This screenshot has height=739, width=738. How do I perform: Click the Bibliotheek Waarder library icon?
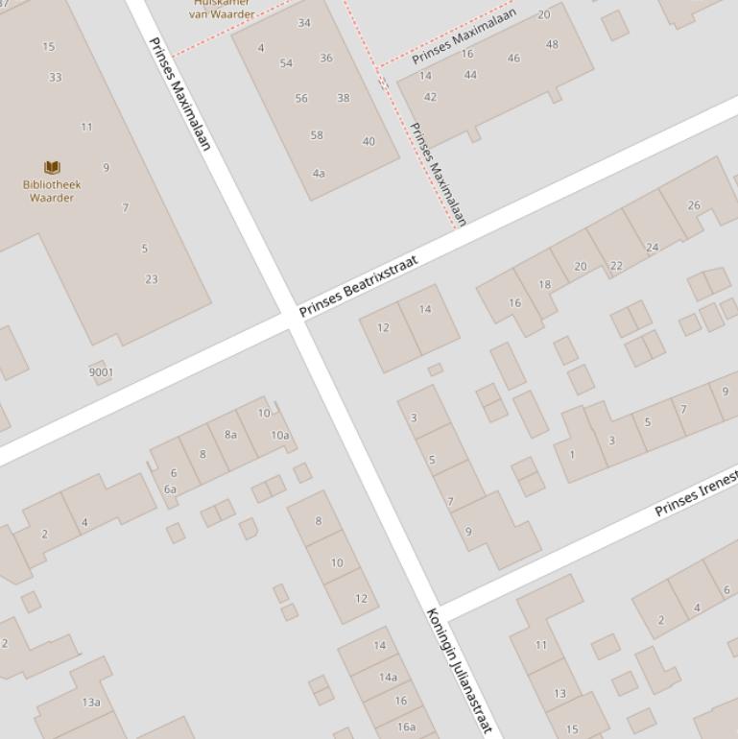(x=52, y=167)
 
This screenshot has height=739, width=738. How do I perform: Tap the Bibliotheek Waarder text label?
(x=52, y=191)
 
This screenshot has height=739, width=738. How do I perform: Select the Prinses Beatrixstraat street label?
(x=358, y=286)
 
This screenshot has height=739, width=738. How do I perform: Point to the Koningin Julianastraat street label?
(x=459, y=671)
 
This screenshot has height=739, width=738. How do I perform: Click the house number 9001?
(x=101, y=372)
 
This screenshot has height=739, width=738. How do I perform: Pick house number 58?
(x=317, y=135)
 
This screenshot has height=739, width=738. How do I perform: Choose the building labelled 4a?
(x=319, y=174)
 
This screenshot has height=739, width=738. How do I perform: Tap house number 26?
(x=694, y=205)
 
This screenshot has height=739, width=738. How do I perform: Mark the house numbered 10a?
(x=279, y=435)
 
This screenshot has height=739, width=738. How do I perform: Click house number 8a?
(x=230, y=435)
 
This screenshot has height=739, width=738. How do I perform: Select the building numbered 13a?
(x=91, y=703)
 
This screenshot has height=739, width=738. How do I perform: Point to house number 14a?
(x=388, y=677)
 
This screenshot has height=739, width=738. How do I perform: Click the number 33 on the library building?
(x=55, y=78)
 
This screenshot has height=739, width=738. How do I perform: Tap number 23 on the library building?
(x=151, y=279)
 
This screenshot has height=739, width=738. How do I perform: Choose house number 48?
(x=552, y=44)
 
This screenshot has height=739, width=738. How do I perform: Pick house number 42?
(x=430, y=97)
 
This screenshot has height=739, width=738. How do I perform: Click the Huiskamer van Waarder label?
(x=222, y=10)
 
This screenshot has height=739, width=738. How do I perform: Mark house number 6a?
(x=170, y=489)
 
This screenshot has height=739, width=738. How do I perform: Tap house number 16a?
(x=407, y=727)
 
